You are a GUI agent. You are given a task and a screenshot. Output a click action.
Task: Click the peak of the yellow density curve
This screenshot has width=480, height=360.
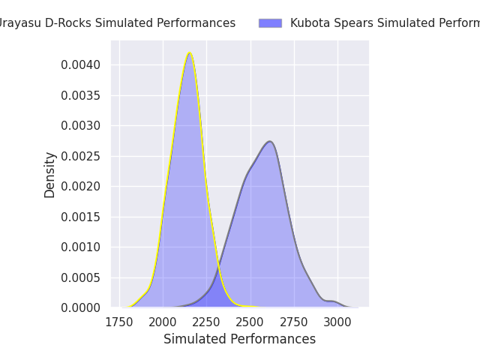[190, 52]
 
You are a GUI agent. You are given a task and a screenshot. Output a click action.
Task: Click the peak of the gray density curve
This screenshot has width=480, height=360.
[270, 141]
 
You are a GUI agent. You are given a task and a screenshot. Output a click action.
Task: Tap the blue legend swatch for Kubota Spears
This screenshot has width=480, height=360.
[270, 23]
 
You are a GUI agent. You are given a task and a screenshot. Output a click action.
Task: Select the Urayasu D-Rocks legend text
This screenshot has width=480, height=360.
[116, 23]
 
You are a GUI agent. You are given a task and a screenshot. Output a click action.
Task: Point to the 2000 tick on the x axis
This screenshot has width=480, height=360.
[163, 322]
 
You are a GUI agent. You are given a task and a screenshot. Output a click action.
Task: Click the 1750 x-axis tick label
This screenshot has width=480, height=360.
[119, 322]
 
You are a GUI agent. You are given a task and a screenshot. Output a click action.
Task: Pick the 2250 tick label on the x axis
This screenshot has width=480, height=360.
[206, 322]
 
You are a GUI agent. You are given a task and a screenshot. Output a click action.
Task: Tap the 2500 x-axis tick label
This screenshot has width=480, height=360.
[250, 322]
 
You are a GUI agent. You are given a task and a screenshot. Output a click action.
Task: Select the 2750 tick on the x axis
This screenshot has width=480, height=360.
[294, 322]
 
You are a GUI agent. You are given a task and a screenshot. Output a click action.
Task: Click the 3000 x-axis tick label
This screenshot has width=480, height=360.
[337, 322]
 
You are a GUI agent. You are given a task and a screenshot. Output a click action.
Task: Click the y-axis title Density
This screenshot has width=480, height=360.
[50, 175]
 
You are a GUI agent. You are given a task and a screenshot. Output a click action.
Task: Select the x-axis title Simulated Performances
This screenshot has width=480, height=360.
[239, 340]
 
